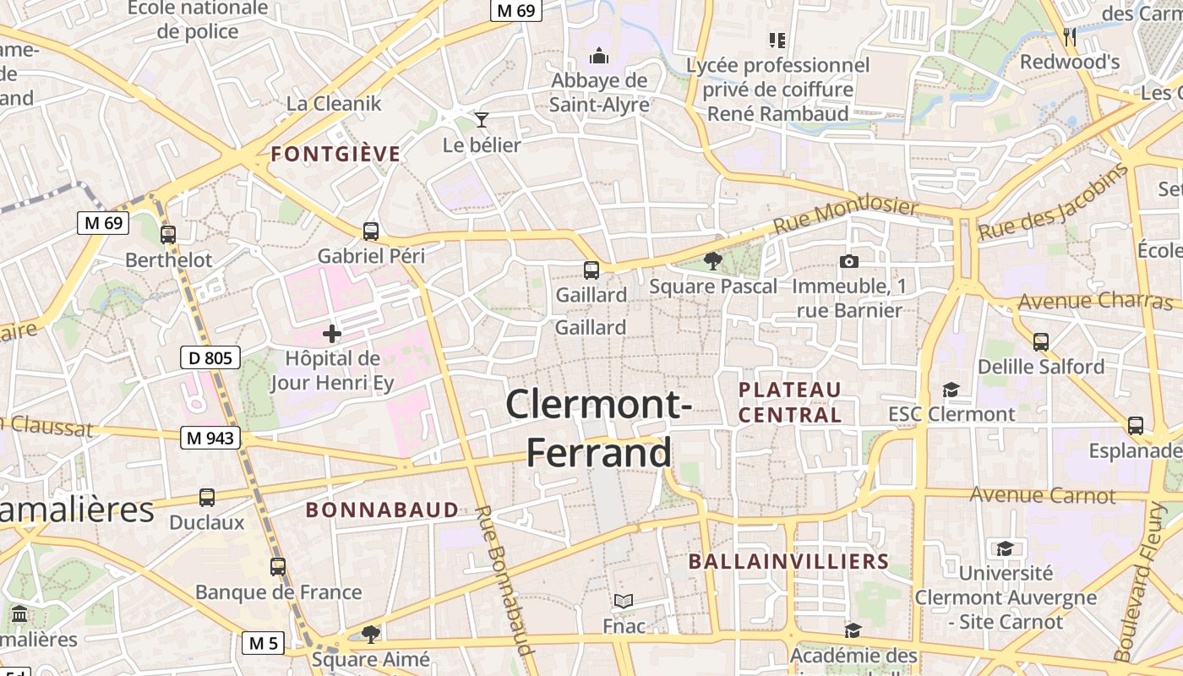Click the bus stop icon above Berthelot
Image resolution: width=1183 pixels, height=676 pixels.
point(168,234)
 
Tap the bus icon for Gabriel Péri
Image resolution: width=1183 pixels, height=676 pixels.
point(370,231)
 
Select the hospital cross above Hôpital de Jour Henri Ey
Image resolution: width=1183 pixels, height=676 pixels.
point(332,334)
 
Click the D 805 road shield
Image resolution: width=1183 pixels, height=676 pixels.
point(210,357)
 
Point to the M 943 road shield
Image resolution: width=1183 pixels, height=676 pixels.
point(210,438)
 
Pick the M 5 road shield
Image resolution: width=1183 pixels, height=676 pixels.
point(263,643)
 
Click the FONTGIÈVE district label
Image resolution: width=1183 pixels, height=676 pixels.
point(335,154)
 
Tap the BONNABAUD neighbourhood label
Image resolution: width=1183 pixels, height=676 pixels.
point(382,510)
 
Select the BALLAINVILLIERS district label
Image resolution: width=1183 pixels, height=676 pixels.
point(788,562)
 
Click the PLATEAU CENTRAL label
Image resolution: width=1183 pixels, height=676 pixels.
point(790,402)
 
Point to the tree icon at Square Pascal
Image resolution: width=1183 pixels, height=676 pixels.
point(713,260)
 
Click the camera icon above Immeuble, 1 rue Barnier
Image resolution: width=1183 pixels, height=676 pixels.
point(849,261)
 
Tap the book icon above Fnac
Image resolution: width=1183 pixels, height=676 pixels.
point(624,601)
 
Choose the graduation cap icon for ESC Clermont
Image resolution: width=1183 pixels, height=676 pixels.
point(951,390)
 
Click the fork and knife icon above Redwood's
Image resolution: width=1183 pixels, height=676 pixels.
point(1070,36)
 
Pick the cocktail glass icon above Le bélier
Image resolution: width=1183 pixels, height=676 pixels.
point(482,120)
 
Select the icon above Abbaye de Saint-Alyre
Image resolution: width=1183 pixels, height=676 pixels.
point(599,56)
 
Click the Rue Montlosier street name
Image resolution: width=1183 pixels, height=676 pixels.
point(845,217)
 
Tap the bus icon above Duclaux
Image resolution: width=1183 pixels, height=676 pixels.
point(207,498)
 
